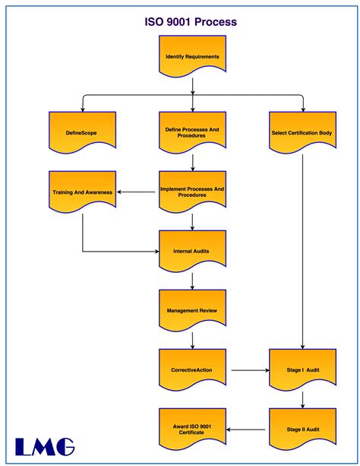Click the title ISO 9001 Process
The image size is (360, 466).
click(191, 24)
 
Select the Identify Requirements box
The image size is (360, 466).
click(192, 57)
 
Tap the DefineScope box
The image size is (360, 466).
click(81, 133)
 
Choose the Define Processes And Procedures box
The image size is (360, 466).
click(192, 133)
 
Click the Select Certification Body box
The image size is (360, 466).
click(302, 133)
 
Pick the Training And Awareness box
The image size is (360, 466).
click(83, 192)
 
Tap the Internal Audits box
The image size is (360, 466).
click(192, 250)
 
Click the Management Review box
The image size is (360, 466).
click(192, 310)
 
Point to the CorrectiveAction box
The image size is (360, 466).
click(192, 370)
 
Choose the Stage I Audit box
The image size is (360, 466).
click(302, 370)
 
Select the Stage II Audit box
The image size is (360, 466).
click(302, 430)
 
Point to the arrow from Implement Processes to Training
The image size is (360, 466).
click(137, 192)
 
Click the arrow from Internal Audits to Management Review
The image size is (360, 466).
click(193, 280)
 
